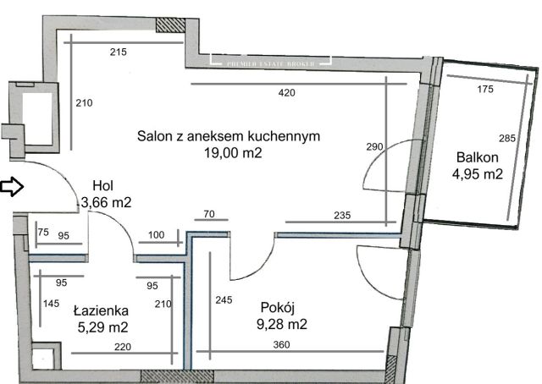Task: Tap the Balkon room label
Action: pos(478,157)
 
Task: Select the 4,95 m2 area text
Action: pos(478,175)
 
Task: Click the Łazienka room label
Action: pos(101,310)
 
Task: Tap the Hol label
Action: pos(103,185)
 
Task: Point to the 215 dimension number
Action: pos(119,53)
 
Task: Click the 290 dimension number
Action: pos(373,146)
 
